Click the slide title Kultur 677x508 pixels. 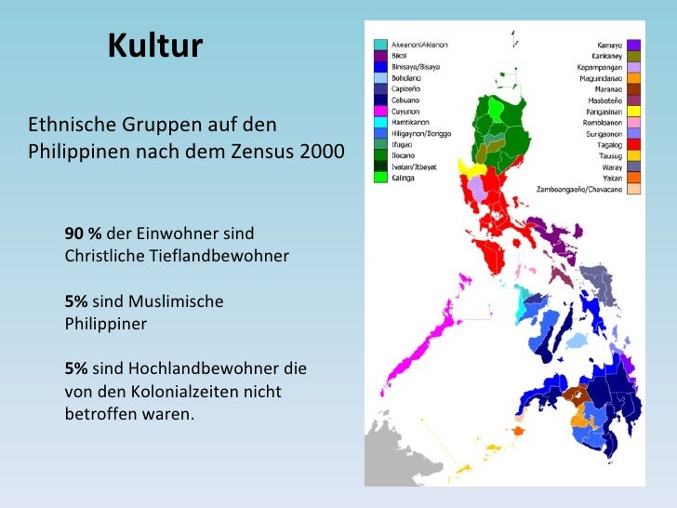(x=154, y=46)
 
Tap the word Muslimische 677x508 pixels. (x=178, y=301)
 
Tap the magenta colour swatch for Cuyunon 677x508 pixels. (x=380, y=112)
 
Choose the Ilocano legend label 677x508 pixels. (x=406, y=155)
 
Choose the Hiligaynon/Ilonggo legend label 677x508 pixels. (x=420, y=133)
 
